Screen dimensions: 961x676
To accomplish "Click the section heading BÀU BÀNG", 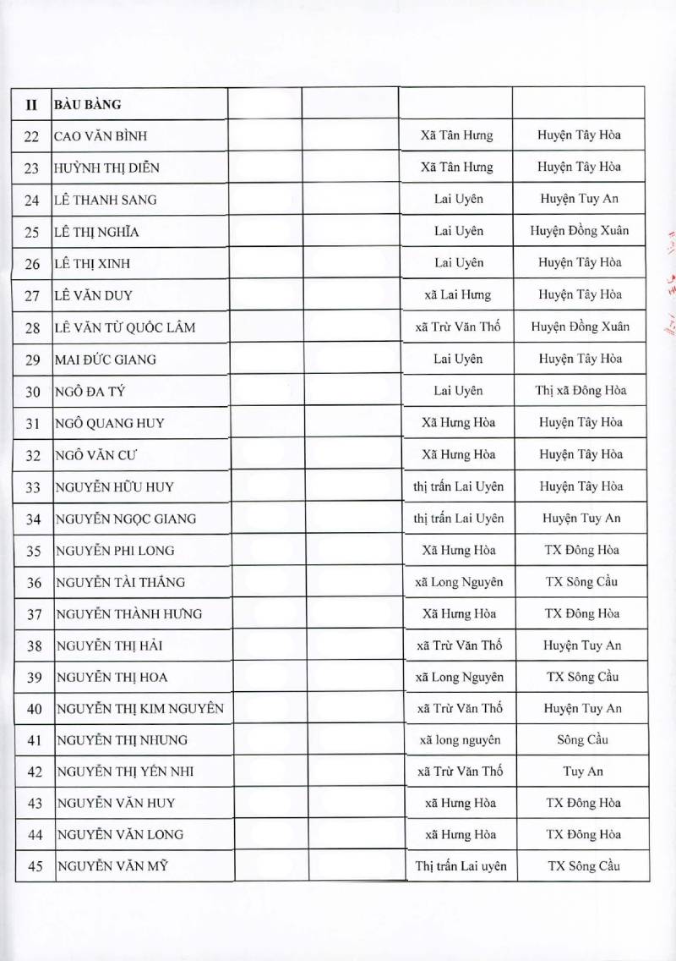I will pyautogui.click(x=87, y=105).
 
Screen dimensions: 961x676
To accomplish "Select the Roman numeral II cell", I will pyautogui.click(x=32, y=105).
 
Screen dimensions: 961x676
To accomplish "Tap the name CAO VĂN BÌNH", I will pyautogui.click(x=103, y=136).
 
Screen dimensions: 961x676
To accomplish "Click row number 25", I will pyautogui.click(x=33, y=232).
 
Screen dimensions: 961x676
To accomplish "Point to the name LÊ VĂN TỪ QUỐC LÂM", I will pyautogui.click(x=125, y=327).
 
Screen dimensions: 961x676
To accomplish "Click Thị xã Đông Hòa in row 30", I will pyautogui.click(x=580, y=391).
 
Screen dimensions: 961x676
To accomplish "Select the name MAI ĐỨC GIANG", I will pyautogui.click(x=105, y=360).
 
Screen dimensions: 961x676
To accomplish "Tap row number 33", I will pyautogui.click(x=33, y=487).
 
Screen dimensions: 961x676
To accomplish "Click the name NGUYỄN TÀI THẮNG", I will pyautogui.click(x=119, y=582).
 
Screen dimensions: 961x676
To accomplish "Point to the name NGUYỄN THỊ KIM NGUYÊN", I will pyautogui.click(x=139, y=709).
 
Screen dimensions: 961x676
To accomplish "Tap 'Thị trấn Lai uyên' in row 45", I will pyautogui.click(x=461, y=865).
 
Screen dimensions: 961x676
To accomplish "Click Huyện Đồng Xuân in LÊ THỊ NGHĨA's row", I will pyautogui.click(x=580, y=230).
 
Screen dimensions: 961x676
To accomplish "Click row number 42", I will pyautogui.click(x=34, y=772).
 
